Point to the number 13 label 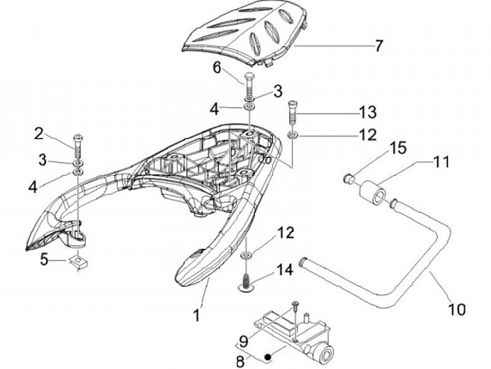368,111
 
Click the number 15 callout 398,147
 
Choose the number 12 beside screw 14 286,233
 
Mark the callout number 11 442,162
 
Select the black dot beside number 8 269,355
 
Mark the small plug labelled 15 349,178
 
